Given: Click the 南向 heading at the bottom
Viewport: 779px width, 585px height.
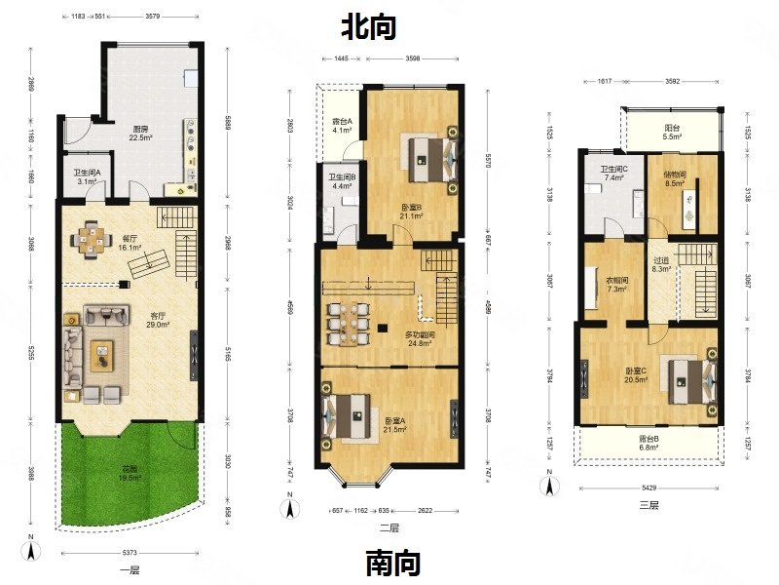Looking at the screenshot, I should tap(393, 563).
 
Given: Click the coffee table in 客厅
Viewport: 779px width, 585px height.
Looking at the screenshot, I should tap(102, 357).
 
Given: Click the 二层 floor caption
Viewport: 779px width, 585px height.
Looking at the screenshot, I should tap(388, 527).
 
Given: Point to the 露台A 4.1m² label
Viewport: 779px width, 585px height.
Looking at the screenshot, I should tap(341, 124).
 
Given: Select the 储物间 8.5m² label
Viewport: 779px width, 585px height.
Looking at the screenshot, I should tap(675, 177).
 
